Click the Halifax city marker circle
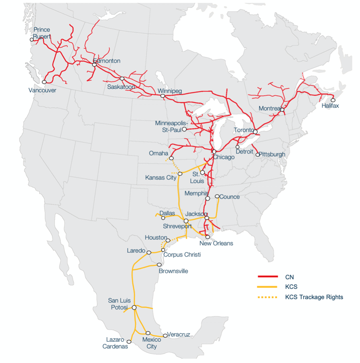333,100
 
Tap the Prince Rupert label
42,33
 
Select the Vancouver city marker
44,82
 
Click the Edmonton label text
107,61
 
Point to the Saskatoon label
121,86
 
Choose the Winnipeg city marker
162,96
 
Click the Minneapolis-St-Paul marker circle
184,129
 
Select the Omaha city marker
171,158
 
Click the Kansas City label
161,177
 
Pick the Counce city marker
217,196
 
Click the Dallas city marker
163,218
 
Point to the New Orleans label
216,244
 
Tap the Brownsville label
173,271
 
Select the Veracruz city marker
165,336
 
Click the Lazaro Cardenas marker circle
129,341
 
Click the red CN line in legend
268,277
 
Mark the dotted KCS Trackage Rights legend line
268,297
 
